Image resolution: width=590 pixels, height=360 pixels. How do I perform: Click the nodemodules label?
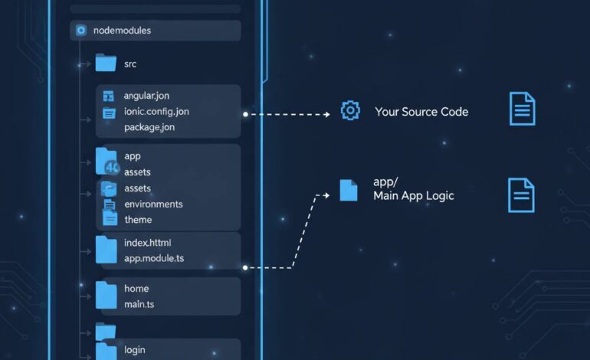(122, 31)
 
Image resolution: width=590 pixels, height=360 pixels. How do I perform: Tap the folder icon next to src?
(106, 63)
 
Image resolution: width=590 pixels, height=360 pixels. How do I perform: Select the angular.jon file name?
(146, 96)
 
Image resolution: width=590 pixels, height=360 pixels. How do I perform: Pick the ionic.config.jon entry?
(156, 112)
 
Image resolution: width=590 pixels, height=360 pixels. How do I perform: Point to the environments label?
(153, 205)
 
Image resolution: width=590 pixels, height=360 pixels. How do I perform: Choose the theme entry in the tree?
(138, 220)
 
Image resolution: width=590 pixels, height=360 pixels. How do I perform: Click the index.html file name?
(148, 243)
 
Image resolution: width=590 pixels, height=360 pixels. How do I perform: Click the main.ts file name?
(140, 304)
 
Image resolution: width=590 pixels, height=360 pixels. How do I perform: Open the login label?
(135, 350)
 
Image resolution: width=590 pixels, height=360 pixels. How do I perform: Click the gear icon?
(350, 111)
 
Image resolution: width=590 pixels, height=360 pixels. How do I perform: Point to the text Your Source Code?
(421, 112)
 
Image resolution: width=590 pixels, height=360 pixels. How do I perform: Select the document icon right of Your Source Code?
(522, 109)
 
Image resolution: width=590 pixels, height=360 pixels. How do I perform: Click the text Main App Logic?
(414, 196)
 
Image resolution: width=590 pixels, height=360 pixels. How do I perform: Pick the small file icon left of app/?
(348, 190)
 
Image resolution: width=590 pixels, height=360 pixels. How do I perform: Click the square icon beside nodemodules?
(81, 31)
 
